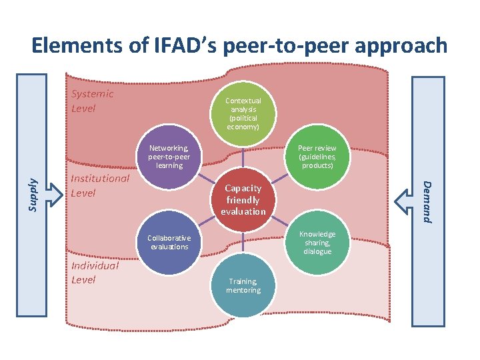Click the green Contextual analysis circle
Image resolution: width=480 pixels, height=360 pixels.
pos(244,112)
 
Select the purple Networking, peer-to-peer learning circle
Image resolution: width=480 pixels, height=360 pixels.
pos(169,157)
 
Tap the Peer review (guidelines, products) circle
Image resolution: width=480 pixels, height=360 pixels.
pos(317,157)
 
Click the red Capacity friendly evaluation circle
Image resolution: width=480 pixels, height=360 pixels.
pos(244,199)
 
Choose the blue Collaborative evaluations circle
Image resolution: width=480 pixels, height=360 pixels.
pos(169,243)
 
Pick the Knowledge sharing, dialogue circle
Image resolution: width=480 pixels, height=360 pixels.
pos(317,243)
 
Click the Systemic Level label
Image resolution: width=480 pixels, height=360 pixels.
pos(92,101)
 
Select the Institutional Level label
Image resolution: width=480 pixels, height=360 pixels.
pos(100,185)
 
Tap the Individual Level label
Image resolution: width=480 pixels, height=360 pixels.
pos(95,273)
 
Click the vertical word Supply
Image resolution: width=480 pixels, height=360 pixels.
pos(32,194)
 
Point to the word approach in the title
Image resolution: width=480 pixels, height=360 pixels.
pos(401,45)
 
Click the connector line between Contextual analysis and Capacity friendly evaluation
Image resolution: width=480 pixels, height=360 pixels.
pos(244,158)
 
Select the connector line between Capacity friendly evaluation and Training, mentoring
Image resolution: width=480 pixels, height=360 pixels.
pos(244,243)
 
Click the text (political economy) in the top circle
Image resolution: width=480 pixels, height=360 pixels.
pos(244,122)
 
